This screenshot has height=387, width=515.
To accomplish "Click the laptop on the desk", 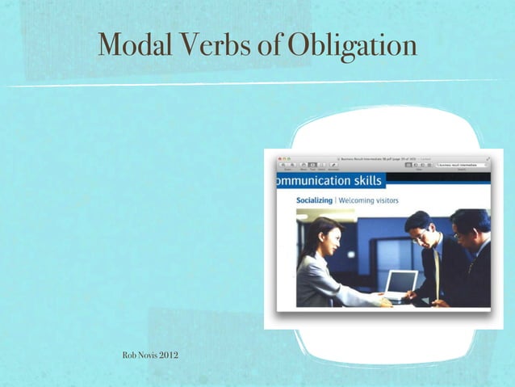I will (400, 284).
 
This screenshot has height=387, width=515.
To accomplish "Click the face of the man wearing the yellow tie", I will (420, 231).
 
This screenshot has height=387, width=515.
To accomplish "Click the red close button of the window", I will (280, 158).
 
